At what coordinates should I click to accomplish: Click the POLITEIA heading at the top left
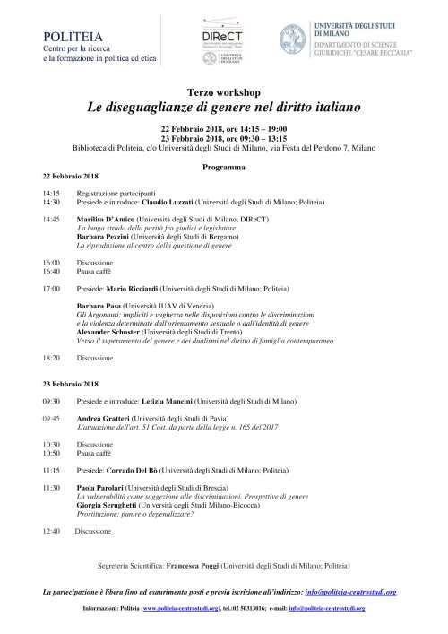coord(67,35)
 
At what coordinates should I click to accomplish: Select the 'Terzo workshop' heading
coord(223,93)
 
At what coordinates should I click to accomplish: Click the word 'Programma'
coord(223,168)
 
